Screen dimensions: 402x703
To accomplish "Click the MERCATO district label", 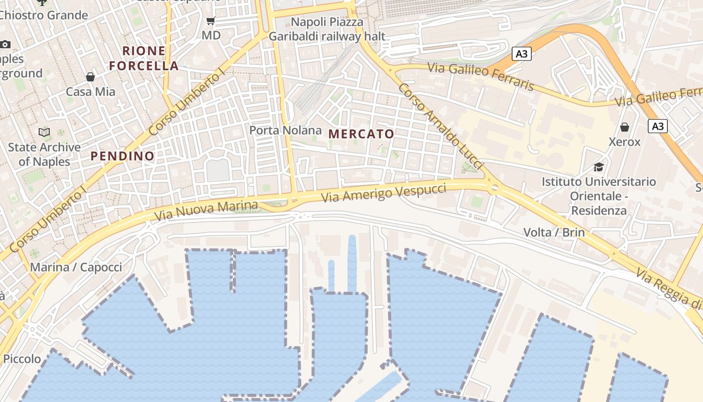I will point(361,134).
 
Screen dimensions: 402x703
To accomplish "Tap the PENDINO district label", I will point(123,156).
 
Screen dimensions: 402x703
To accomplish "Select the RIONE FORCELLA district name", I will point(144,58).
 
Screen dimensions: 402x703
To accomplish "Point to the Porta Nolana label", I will point(286,130).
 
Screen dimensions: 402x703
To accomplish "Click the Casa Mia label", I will point(90,92).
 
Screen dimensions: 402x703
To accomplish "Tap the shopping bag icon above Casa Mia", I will point(90,77).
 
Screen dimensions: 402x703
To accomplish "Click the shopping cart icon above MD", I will point(211,21).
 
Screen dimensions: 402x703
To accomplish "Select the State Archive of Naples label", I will point(44,154).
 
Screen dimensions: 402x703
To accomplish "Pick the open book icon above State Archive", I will point(44,133).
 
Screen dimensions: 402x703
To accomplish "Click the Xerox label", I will point(625,142).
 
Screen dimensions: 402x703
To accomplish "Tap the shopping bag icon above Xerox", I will point(625,127).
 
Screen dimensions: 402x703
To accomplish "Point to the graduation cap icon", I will point(599,167).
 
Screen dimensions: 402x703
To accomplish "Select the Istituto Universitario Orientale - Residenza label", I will point(599,196).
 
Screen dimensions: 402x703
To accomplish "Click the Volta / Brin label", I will point(554,232).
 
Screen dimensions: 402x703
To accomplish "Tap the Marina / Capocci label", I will point(76,267).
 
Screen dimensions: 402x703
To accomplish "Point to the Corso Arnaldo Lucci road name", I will point(440,127).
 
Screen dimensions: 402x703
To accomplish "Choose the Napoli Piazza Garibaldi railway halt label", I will point(327,29).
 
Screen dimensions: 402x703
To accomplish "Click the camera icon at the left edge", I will point(5,44).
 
